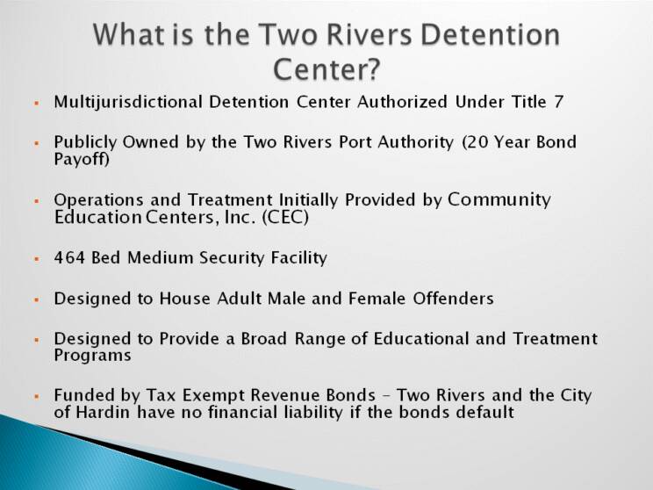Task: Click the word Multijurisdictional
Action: pyautogui.click(x=128, y=103)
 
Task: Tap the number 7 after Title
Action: pyautogui.click(x=558, y=102)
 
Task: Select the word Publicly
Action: pyautogui.click(x=85, y=143)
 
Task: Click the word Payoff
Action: pyautogui.click(x=82, y=160)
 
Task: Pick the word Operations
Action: pyautogui.click(x=98, y=200)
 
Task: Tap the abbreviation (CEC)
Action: pyautogui.click(x=285, y=217)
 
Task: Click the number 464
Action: pyautogui.click(x=69, y=257)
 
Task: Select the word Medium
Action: pyautogui.click(x=161, y=257)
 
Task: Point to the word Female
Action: pyautogui.click(x=377, y=299)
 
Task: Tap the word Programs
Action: pyautogui.click(x=92, y=357)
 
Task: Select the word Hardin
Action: pyautogui.click(x=104, y=413)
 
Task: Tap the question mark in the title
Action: pyautogui.click(x=373, y=69)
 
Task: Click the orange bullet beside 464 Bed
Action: pyautogui.click(x=37, y=259)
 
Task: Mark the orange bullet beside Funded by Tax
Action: pyautogui.click(x=37, y=397)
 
